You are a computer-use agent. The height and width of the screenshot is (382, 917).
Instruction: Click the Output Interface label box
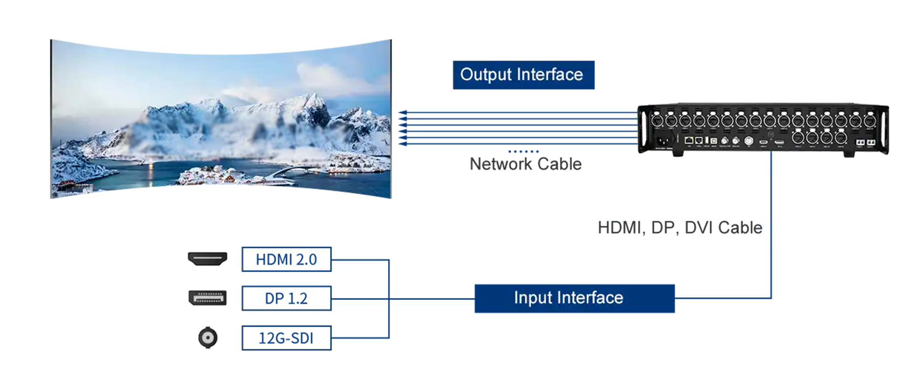[523, 75]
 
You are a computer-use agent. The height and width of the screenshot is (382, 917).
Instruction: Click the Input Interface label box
[575, 298]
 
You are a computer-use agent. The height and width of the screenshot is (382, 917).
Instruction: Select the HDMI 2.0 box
[287, 259]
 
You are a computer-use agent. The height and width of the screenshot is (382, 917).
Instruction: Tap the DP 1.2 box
[287, 298]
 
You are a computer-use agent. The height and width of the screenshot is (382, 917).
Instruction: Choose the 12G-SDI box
[287, 338]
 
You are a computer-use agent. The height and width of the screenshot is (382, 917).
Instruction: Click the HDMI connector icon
[207, 259]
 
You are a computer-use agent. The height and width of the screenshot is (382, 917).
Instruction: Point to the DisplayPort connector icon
[207, 298]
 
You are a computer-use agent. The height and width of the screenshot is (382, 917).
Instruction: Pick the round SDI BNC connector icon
[208, 338]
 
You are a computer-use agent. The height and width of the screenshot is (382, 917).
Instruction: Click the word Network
[501, 164]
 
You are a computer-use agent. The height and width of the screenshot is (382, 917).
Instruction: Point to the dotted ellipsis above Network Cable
[523, 151]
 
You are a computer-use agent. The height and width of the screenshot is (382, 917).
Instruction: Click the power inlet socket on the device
[664, 140]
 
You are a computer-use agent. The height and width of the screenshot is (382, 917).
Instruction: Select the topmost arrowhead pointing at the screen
[403, 113]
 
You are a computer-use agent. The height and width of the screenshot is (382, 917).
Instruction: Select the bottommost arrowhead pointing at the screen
[403, 143]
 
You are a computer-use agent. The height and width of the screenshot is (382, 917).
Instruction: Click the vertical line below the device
[771, 224]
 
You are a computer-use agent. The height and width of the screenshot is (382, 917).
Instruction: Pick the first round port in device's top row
[657, 120]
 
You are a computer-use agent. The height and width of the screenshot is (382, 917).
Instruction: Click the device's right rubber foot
[849, 154]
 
